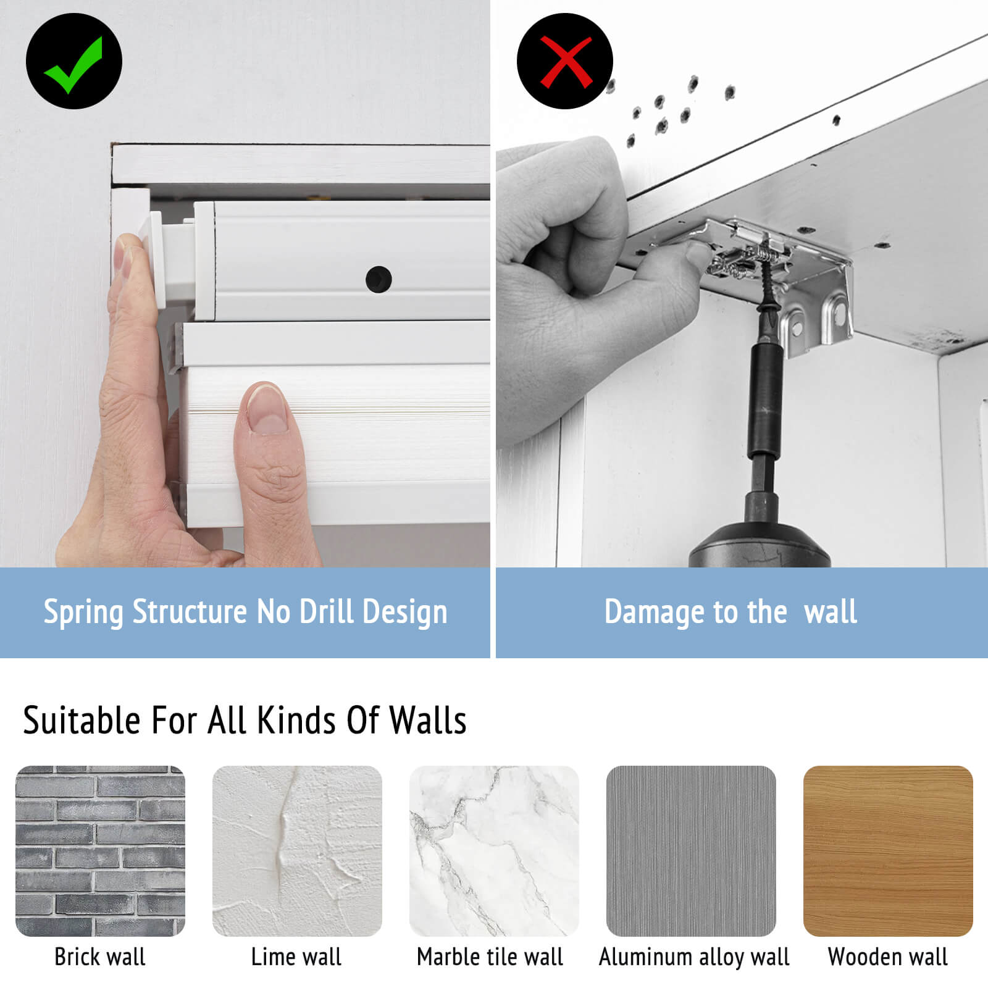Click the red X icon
pyautogui.click(x=565, y=61)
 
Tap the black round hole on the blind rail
pyautogui.click(x=379, y=279)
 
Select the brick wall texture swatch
pyautogui.click(x=100, y=851)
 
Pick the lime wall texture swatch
pyautogui.click(x=297, y=851)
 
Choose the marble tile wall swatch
pyautogui.click(x=494, y=851)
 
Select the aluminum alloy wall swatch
pyautogui.click(x=691, y=851)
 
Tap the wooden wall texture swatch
pyautogui.click(x=888, y=851)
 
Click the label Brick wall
pyautogui.click(x=100, y=957)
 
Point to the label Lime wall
pyautogui.click(x=296, y=957)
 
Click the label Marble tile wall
pyautogui.click(x=490, y=957)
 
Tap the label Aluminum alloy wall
pyautogui.click(x=694, y=958)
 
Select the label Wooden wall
pyautogui.click(x=888, y=957)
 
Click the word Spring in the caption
pyautogui.click(x=84, y=613)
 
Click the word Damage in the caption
pyautogui.click(x=655, y=613)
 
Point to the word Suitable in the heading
pyautogui.click(x=82, y=720)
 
